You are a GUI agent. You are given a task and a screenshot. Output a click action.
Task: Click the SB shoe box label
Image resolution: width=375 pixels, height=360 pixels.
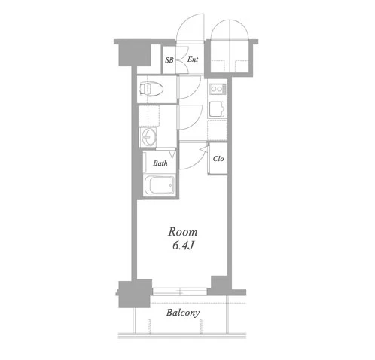[x=169, y=60]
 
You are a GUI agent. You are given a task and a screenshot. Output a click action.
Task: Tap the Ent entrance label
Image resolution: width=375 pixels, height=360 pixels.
[x=193, y=59]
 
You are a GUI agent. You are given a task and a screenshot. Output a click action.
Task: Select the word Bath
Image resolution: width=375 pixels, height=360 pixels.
[x=160, y=163]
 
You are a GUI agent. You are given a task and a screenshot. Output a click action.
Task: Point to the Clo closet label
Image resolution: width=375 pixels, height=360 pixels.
[x=218, y=159]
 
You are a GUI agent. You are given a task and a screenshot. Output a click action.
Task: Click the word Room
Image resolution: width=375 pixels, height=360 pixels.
[x=183, y=232]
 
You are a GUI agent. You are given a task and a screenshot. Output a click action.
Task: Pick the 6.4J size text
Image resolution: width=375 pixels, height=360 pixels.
[x=183, y=246]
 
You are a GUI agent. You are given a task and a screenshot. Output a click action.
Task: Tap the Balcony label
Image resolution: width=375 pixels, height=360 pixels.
[x=183, y=313]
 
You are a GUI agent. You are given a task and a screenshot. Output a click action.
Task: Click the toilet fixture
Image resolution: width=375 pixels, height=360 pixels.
[x=151, y=88]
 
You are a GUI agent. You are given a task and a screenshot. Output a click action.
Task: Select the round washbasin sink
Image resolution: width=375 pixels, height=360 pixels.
[x=149, y=137]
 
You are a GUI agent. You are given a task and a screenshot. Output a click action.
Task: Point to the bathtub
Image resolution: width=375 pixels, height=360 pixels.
[x=159, y=185]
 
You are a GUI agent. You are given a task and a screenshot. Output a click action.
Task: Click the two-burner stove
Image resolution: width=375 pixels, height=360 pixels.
[x=218, y=89]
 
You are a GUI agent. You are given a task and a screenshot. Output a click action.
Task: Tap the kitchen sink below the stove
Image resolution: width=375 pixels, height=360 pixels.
[x=217, y=109]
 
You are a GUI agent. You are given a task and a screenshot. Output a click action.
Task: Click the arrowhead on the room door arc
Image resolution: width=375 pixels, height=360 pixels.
[x=203, y=149]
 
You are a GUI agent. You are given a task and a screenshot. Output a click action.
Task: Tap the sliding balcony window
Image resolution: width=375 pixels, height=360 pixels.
[x=180, y=291]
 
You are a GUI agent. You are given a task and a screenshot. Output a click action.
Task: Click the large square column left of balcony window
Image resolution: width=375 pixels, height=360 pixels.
[x=135, y=294]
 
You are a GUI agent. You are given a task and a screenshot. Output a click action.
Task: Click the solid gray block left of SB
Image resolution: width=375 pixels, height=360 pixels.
[x=135, y=54]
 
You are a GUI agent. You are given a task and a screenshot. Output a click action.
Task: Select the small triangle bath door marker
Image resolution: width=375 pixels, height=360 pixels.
[x=172, y=153]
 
